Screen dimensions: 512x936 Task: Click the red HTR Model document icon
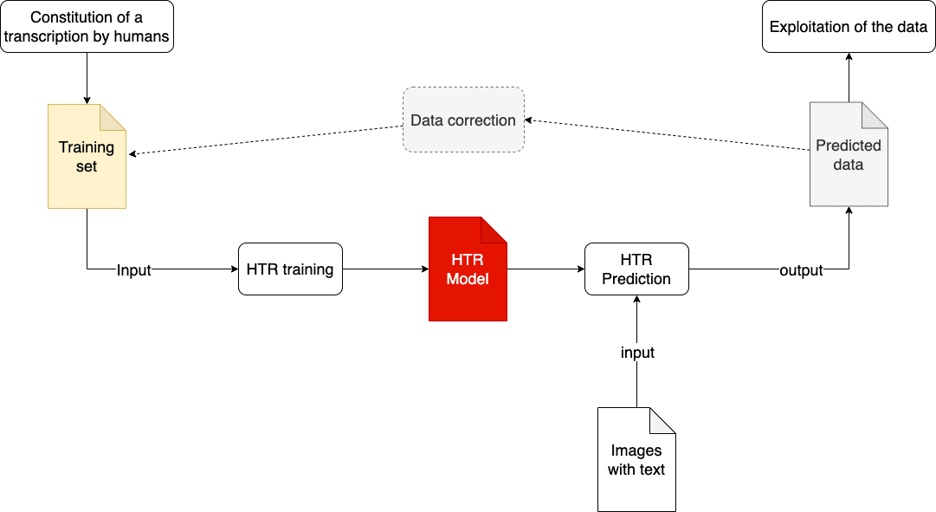[468, 269]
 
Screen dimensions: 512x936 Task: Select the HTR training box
[290, 269]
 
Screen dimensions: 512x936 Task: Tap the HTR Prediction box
[636, 269]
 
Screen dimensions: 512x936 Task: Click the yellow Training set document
[87, 157]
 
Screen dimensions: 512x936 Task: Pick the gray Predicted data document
[849, 155]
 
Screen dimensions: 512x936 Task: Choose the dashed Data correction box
[463, 120]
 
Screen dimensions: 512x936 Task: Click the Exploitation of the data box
[849, 27]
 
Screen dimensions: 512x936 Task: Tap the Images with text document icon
[636, 460]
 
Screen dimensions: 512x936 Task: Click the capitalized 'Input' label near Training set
[134, 270]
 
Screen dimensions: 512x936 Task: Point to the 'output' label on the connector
[801, 270]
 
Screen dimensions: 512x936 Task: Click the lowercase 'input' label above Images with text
[637, 353]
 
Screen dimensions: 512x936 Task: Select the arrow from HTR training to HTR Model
[385, 269]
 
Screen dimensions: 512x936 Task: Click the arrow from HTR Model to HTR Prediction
[545, 269]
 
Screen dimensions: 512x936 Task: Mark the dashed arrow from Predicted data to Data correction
[667, 135]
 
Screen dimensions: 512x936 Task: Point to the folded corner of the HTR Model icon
[494, 230]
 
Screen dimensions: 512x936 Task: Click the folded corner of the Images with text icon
[662, 420]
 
